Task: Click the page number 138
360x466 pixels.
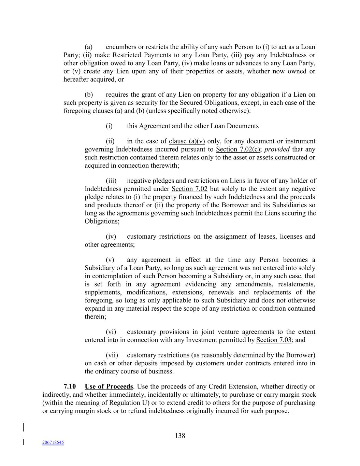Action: click(x=180, y=435)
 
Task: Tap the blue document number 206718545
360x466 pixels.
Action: click(x=53, y=442)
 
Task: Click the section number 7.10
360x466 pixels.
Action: click(x=70, y=386)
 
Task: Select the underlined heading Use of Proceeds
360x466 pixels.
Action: click(x=109, y=386)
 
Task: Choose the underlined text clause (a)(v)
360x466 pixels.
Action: click(x=187, y=141)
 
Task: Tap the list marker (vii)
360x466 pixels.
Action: click(x=112, y=355)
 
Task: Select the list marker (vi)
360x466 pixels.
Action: click(x=111, y=332)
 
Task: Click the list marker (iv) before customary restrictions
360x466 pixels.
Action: click(x=111, y=236)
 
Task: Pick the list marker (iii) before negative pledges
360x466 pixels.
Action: click(x=111, y=181)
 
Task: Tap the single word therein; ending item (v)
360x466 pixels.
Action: click(x=95, y=316)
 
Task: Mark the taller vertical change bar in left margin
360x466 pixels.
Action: click(x=23, y=428)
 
